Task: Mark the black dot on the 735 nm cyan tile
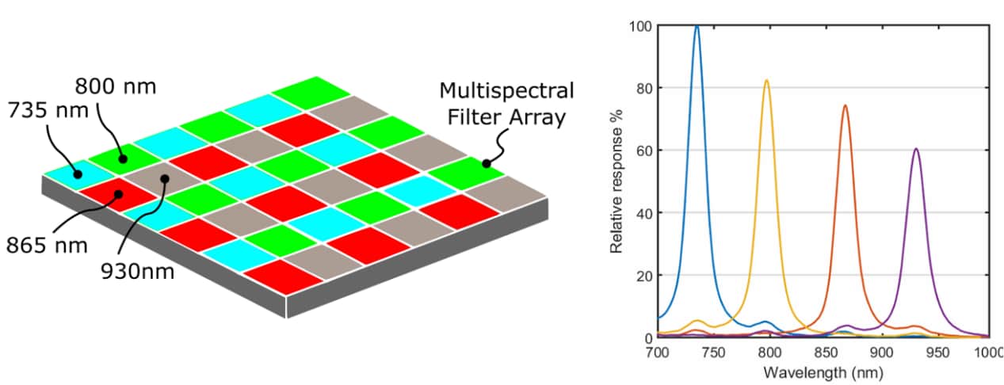tap(78, 174)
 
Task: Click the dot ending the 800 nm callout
tap(123, 159)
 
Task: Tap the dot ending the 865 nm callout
tap(118, 193)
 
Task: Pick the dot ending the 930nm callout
tap(164, 178)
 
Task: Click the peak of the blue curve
tap(697, 26)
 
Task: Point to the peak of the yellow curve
tap(766, 80)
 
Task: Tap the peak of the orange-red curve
tap(845, 105)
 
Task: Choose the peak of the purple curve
tap(916, 149)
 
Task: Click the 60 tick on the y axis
tap(643, 151)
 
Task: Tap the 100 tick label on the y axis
tap(639, 26)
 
